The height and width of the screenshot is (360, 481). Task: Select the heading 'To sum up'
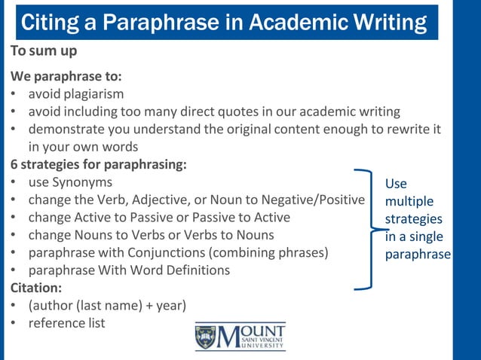[x=44, y=53]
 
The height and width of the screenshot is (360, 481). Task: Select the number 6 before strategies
[x=14, y=163]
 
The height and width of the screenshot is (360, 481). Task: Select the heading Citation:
[x=36, y=287]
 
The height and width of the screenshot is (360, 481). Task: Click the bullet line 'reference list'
[x=66, y=323]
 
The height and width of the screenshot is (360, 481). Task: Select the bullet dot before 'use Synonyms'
[x=14, y=182]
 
